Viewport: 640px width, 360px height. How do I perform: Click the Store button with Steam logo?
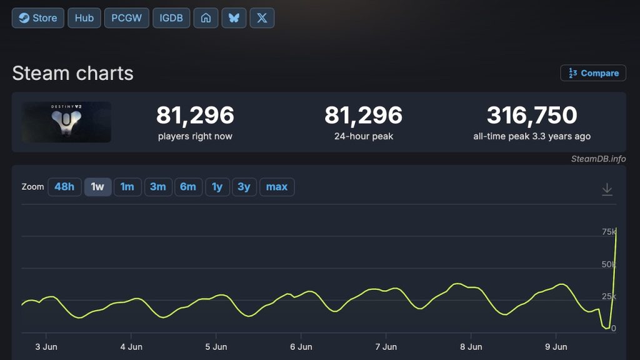[38, 18]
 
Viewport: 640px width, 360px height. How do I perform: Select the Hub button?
[84, 18]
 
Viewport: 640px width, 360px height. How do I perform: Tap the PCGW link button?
[126, 18]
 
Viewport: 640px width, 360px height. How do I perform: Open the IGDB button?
[171, 18]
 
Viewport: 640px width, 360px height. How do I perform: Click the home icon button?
[206, 18]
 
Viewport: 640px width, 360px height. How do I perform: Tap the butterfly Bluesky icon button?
[234, 18]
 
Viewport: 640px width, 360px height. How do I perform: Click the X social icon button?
[262, 18]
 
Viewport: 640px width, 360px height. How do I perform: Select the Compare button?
[593, 73]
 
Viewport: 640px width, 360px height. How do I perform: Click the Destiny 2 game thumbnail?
[66, 122]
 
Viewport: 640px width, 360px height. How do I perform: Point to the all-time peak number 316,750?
[532, 115]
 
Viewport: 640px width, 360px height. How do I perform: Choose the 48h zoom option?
[64, 187]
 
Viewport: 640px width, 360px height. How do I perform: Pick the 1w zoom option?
[97, 187]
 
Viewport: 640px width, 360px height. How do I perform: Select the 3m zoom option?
[158, 187]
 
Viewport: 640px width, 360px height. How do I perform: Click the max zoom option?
[277, 187]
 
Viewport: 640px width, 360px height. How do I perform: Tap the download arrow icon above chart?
[607, 189]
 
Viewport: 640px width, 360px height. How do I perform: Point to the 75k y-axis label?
[609, 232]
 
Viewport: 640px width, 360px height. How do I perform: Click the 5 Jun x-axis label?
[216, 347]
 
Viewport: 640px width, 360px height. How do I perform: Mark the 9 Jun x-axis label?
[556, 347]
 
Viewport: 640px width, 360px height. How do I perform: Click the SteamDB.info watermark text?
[598, 159]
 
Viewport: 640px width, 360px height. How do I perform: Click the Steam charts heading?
[72, 74]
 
